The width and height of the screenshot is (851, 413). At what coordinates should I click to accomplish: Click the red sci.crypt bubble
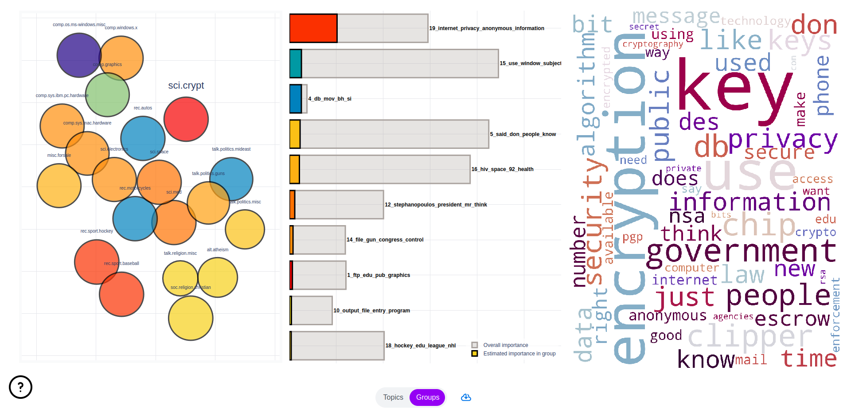[x=186, y=119]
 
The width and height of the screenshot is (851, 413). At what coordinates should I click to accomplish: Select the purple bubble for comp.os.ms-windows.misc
[x=78, y=55]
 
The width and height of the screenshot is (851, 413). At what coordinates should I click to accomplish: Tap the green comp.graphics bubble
[x=107, y=95]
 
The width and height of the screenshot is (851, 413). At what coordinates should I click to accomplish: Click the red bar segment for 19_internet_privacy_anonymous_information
[x=313, y=28]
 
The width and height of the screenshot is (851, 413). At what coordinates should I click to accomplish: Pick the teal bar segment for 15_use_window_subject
[x=296, y=63]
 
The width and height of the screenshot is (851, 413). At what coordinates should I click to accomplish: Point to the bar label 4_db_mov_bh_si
[x=330, y=99]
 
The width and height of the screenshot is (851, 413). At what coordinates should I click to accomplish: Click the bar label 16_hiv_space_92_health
[x=502, y=169]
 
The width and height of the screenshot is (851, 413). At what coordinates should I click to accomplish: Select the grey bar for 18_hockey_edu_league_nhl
[x=338, y=346]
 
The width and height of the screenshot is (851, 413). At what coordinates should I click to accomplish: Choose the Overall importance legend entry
[x=505, y=345]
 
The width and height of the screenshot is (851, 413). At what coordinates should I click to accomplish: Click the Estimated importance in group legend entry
[x=519, y=354]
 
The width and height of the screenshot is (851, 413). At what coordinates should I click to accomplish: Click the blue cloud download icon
[x=466, y=397]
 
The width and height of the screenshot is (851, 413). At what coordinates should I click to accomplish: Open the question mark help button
[x=20, y=387]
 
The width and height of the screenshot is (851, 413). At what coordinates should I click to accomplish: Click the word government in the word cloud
[x=741, y=252]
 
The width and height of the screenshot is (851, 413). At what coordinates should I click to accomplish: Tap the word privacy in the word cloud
[x=782, y=140]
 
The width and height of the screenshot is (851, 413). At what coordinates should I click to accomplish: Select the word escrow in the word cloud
[x=792, y=319]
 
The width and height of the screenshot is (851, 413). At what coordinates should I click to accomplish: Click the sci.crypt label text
[x=186, y=86]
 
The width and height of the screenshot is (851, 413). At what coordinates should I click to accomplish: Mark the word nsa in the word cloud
[x=687, y=216]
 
